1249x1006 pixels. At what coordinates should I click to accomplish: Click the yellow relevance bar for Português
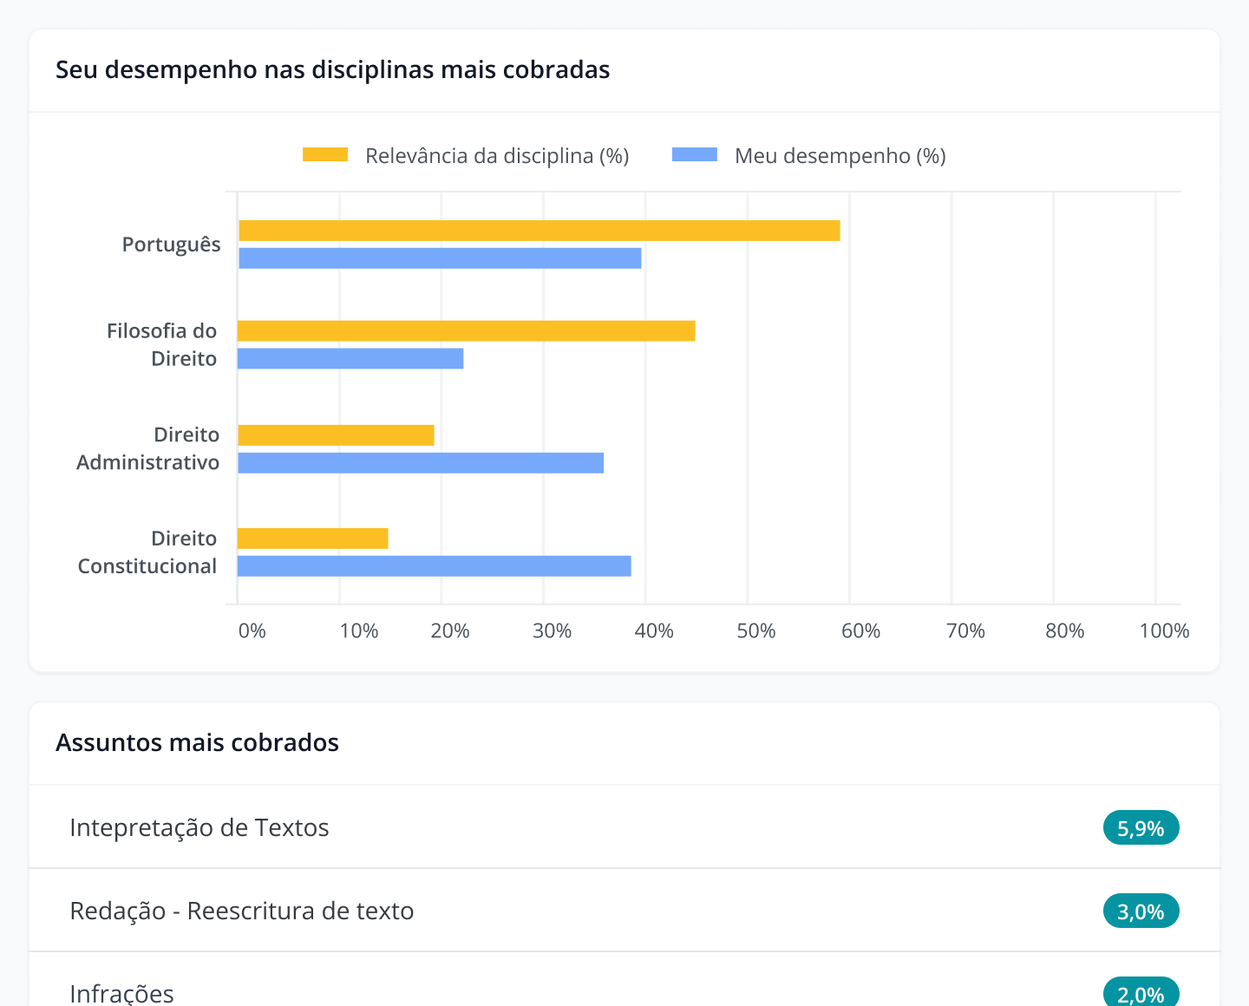(539, 231)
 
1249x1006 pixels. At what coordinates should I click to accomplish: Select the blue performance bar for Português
(440, 258)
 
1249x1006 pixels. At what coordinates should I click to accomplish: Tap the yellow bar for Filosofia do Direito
(466, 330)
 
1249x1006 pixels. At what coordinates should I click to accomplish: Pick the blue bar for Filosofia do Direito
(350, 358)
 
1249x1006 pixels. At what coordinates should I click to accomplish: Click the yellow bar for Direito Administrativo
(336, 435)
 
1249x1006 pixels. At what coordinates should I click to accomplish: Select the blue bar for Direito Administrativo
(421, 463)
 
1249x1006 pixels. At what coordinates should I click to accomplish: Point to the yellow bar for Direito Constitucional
(312, 539)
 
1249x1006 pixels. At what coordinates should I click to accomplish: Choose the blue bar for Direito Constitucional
(434, 566)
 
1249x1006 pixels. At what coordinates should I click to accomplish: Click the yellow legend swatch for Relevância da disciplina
(325, 155)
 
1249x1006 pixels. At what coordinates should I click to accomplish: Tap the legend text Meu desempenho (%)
(840, 156)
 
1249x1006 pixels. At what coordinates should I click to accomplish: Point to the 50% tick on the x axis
(755, 630)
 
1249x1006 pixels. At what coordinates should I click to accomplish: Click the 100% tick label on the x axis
(1163, 630)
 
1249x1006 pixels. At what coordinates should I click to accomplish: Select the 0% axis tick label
(252, 630)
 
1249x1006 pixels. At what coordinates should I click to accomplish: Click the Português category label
(171, 245)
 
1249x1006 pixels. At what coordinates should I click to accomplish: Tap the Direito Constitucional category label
(147, 552)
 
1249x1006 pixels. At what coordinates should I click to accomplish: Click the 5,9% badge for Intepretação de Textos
(1141, 828)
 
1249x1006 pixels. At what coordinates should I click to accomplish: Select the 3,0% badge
(1141, 911)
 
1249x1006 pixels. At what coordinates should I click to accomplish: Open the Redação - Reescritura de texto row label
(242, 911)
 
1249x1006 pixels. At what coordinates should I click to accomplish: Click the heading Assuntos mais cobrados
(197, 742)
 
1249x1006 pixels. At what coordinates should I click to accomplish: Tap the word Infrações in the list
(121, 993)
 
